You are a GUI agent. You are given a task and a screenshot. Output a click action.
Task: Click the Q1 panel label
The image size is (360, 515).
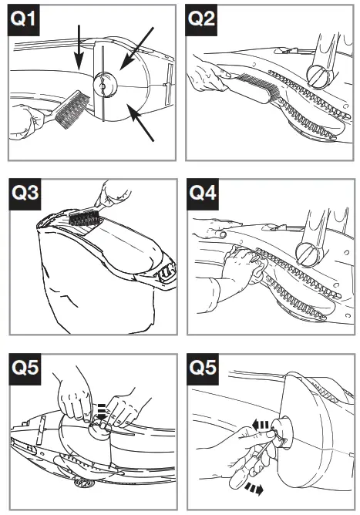tap(23, 20)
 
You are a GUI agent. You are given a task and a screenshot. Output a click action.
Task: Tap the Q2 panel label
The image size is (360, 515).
tap(201, 20)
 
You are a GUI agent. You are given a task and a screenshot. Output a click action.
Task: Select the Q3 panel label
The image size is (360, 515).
tap(25, 194)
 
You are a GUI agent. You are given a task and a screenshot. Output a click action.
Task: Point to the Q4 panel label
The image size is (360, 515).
tap(202, 194)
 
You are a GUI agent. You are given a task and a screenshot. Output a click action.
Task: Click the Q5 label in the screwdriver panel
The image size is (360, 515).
tap(202, 369)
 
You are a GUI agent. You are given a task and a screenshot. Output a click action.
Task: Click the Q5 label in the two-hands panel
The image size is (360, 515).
tap(25, 369)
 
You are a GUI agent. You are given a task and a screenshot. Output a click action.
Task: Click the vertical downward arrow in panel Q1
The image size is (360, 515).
tap(79, 47)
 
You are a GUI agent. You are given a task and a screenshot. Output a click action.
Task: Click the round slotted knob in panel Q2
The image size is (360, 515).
tap(318, 76)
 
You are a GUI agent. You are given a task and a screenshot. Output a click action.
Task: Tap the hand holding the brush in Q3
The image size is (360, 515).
tap(113, 194)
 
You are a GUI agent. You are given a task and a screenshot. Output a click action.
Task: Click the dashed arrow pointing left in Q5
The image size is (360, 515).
tap(261, 426)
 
